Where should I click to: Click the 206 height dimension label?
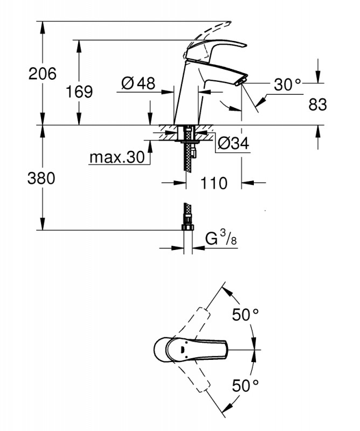pyautogui.click(x=42, y=74)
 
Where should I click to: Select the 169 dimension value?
pyautogui.click(x=79, y=92)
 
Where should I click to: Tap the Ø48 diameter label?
pyautogui.click(x=138, y=83)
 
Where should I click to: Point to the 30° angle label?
pyautogui.click(x=287, y=85)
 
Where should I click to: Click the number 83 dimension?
pyautogui.click(x=317, y=105)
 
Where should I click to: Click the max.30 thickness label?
pyautogui.click(x=117, y=157)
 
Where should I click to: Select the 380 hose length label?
pyautogui.click(x=41, y=179)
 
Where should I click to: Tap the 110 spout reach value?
pyautogui.click(x=214, y=183)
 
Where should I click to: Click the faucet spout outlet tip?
pyautogui.click(x=240, y=81)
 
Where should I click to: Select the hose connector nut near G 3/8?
pyautogui.click(x=188, y=228)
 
